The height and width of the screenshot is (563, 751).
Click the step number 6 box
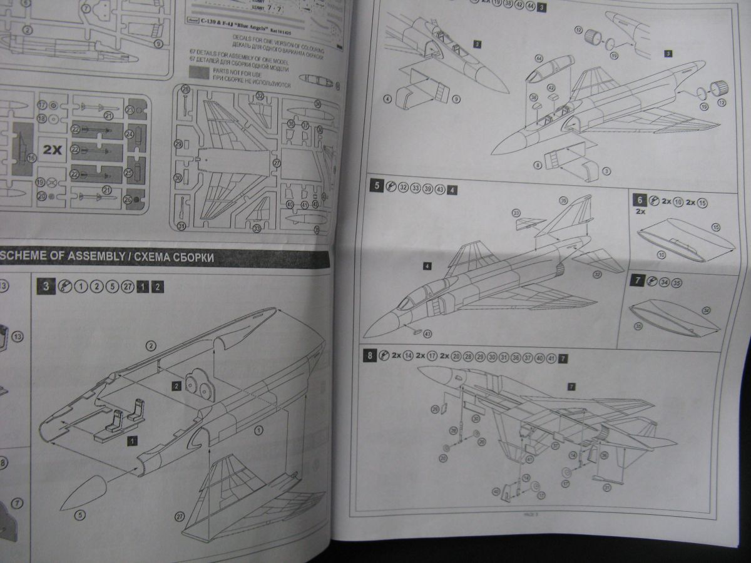click(x=638, y=200)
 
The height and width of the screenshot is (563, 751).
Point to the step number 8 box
click(x=370, y=357)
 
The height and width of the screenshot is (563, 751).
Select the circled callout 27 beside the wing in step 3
click(x=180, y=516)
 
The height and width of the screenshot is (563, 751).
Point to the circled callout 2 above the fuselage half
click(x=151, y=345)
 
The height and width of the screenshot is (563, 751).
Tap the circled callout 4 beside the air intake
click(x=388, y=98)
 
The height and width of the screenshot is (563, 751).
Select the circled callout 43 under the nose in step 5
click(x=427, y=333)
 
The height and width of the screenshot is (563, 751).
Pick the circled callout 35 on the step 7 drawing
click(x=638, y=325)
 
